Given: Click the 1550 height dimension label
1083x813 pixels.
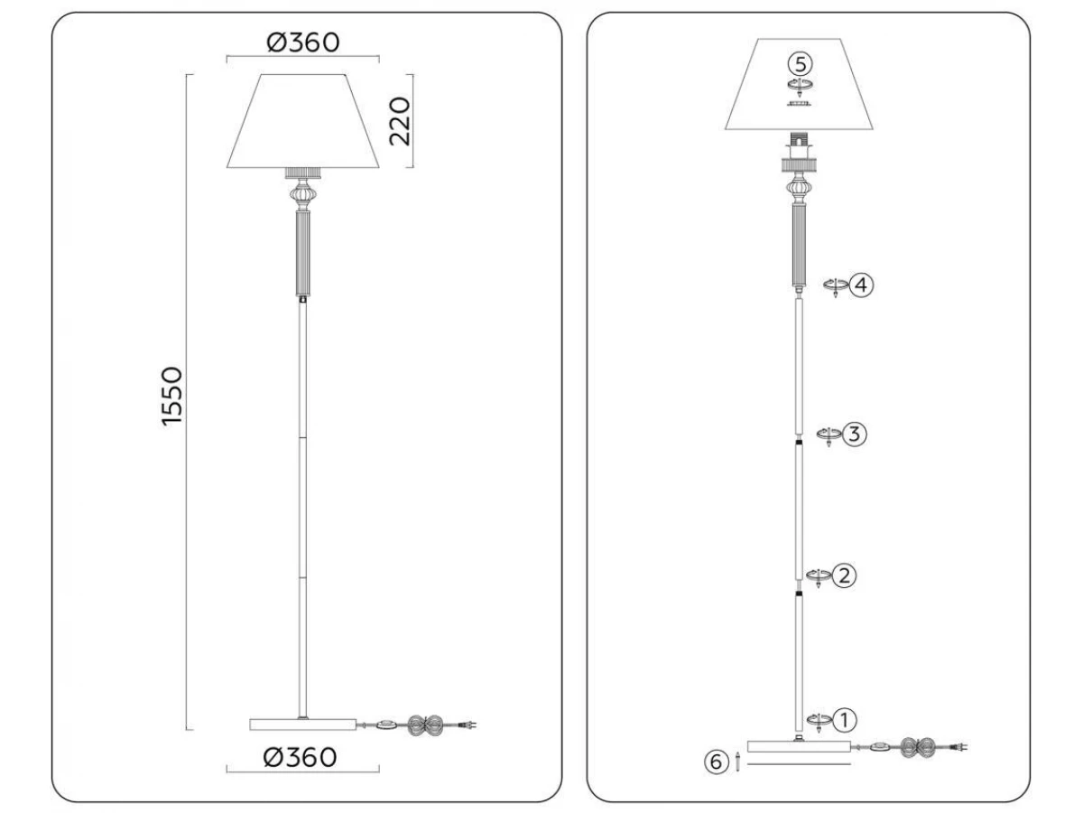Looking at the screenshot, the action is coord(172,396).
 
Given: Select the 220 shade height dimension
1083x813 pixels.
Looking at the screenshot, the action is coord(400,121).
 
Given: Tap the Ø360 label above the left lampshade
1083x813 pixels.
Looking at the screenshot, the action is coord(303,42).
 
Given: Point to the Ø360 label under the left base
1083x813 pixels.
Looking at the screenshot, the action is coord(300,757).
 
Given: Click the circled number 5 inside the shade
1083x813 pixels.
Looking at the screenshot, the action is coord(801,64).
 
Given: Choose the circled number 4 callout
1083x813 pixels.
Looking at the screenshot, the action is coord(862,285).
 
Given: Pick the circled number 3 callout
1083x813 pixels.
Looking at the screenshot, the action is coord(854,434).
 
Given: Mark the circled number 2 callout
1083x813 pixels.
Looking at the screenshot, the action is coord(844,575).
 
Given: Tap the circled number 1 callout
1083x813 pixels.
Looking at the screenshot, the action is coord(845,720).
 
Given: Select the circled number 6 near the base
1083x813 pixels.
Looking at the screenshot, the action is coord(716,762).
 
